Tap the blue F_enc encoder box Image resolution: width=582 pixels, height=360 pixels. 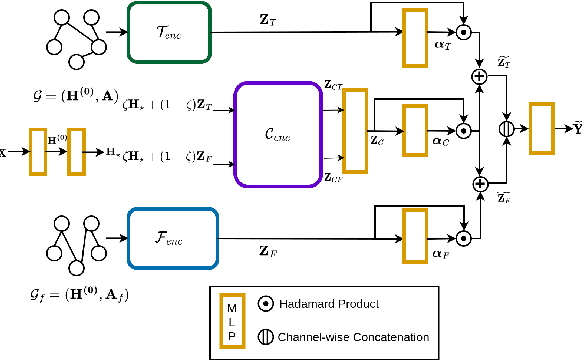[x=172, y=238]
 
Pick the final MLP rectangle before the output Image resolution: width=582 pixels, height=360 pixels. [x=541, y=128]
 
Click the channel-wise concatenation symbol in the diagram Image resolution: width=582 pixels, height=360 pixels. [x=508, y=128]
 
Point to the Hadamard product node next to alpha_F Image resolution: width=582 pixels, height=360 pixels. [x=464, y=238]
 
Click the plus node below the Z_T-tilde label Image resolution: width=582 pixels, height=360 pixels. [x=478, y=75]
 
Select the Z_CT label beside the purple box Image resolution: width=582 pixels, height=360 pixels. [x=332, y=88]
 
